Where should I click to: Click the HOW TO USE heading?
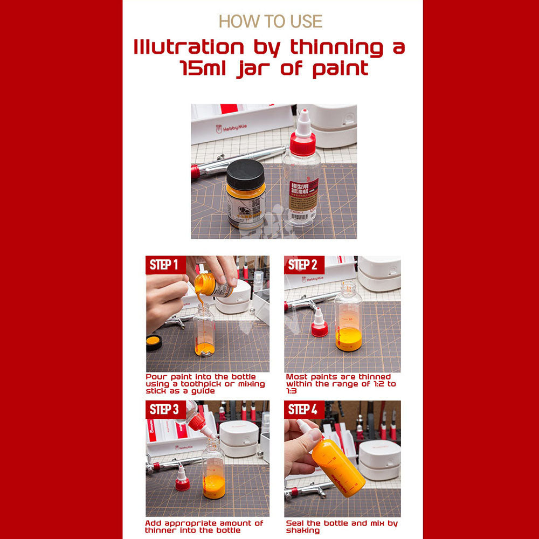coord(270,22)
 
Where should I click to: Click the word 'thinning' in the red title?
coord(336,47)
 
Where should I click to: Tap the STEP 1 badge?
coord(164,265)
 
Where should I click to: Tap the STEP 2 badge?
coord(303,265)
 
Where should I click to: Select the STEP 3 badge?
coord(164,410)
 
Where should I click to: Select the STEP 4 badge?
coord(303,410)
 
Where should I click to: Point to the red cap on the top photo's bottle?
coord(302,143)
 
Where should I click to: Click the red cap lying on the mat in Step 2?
coord(320,328)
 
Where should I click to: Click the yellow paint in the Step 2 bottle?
coord(349,340)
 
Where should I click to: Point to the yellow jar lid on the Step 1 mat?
coord(154,342)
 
